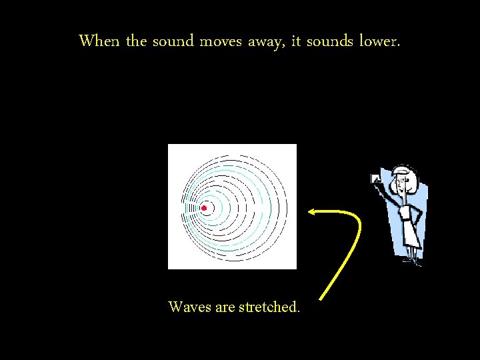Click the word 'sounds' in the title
point(330,41)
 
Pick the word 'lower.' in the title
point(380,41)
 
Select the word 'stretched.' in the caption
point(269,307)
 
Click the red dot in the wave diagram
point(204,209)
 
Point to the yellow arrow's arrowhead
point(312,212)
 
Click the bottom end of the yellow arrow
point(322,297)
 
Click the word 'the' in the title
point(136,41)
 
